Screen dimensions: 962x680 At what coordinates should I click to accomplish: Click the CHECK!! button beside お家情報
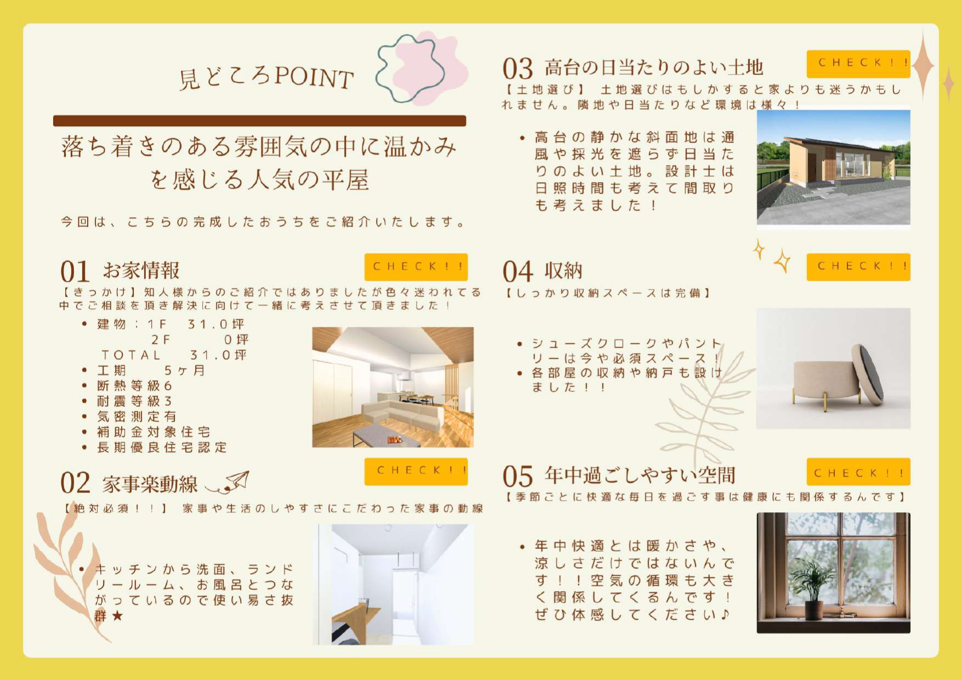[x=416, y=267]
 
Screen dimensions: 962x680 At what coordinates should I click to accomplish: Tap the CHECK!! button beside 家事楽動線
[x=416, y=471]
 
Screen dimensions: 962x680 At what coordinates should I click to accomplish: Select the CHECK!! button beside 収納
[x=858, y=267]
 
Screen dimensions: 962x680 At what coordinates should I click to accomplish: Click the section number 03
[x=517, y=69]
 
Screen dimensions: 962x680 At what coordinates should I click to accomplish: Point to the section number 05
[x=517, y=476]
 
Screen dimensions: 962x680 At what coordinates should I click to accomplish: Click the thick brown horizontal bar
[x=260, y=121]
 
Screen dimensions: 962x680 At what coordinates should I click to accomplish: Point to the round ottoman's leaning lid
[x=867, y=374]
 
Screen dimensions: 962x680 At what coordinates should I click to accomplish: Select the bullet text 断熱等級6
[x=135, y=386]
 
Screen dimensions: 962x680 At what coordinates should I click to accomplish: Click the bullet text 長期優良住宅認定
[x=162, y=447]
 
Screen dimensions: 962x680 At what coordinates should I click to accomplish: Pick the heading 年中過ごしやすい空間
[x=640, y=475]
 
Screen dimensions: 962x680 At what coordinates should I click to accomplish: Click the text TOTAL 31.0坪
[x=174, y=355]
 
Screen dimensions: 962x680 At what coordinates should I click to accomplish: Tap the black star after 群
[x=117, y=616]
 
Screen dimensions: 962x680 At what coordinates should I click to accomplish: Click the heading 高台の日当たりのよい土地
[x=654, y=68]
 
